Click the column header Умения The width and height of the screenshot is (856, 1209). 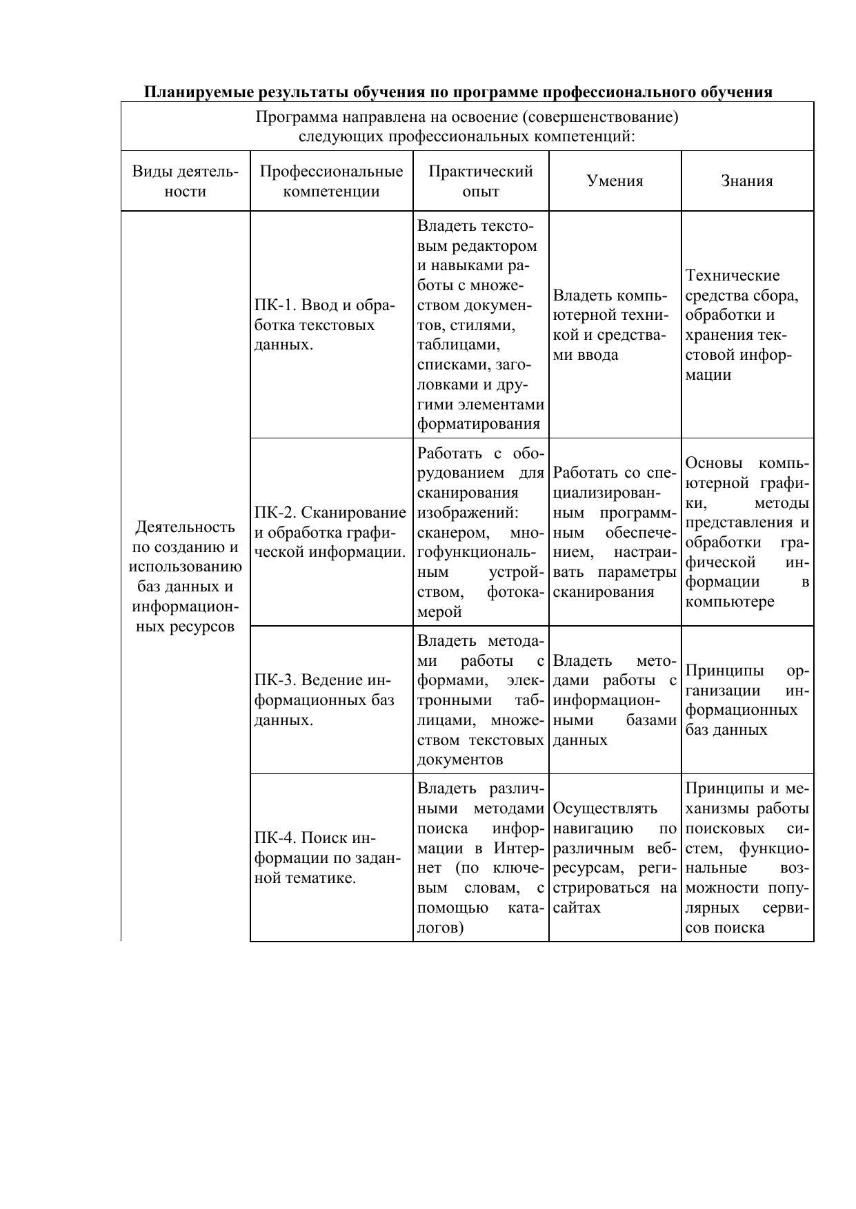coord(615,181)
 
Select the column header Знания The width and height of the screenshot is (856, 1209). coord(747,181)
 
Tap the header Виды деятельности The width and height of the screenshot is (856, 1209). coord(186,181)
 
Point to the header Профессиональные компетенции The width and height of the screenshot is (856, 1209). coord(331,181)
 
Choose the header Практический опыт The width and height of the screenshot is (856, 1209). coord(481,181)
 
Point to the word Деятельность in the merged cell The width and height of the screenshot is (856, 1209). coord(186,527)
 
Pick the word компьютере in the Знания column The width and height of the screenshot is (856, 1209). coord(730,602)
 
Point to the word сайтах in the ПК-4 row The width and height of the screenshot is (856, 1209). coord(577,908)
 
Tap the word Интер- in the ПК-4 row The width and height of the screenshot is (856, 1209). coord(519,848)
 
